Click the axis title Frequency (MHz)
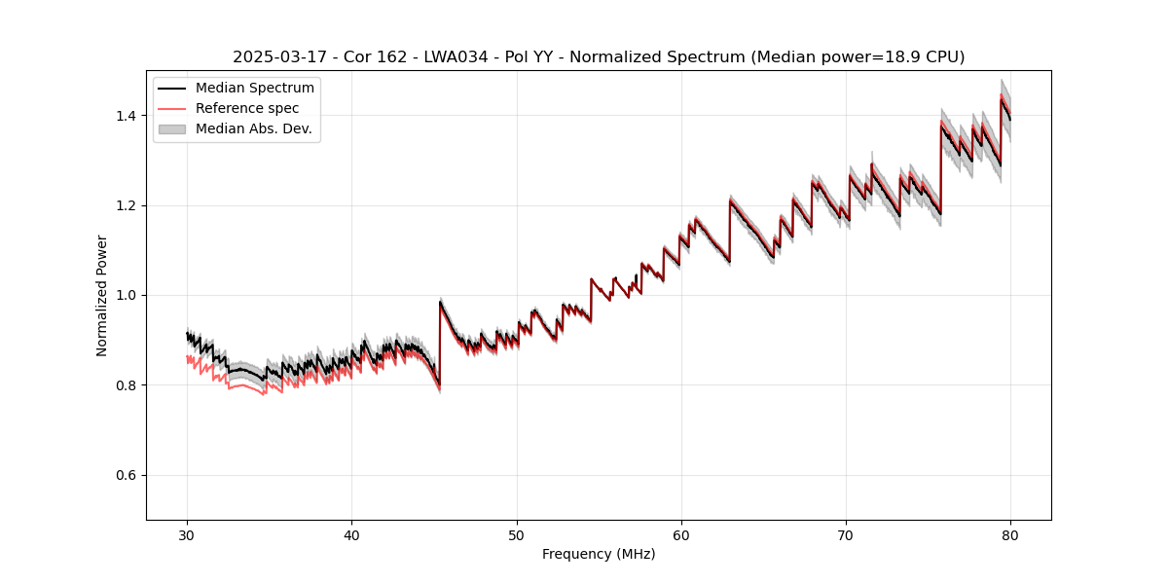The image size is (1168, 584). (x=599, y=554)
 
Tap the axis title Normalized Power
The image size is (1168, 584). (x=102, y=295)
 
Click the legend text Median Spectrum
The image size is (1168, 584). (x=254, y=89)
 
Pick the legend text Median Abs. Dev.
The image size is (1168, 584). (x=253, y=128)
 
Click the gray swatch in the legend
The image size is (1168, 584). (x=172, y=128)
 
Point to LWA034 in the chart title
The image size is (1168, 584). (x=456, y=57)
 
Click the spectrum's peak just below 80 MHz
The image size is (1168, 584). (x=1002, y=98)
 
